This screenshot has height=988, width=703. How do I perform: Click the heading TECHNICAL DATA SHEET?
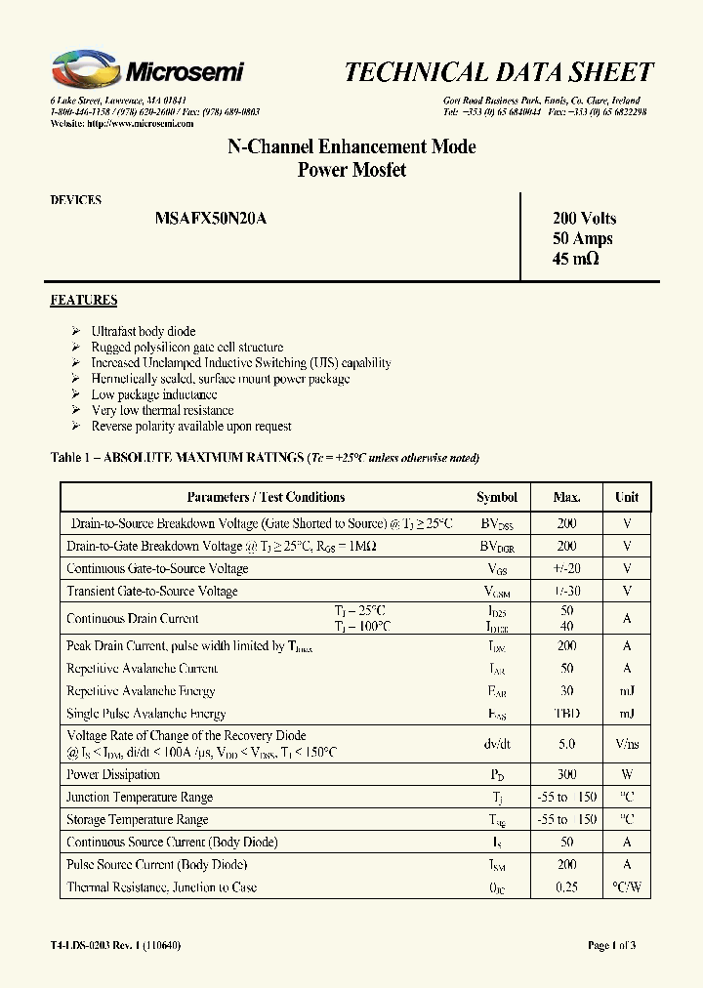499,72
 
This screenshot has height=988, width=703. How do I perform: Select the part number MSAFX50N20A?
210,220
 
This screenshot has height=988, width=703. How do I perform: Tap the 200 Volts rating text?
584,219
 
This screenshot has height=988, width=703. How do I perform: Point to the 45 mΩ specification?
575,260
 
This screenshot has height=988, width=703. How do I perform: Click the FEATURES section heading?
84,301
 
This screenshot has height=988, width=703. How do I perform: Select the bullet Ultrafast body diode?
144,331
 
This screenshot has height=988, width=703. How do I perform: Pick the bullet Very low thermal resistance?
162,411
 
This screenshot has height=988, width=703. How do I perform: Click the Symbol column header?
497,497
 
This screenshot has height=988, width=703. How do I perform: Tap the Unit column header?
627,497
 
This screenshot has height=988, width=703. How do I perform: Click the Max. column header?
566,497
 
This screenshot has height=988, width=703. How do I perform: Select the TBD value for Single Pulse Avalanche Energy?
566,714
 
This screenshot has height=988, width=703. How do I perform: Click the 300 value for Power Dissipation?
566,774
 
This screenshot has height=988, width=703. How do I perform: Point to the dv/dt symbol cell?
497,743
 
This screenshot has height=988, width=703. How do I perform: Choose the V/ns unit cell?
627,743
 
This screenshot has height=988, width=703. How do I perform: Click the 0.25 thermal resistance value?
566,887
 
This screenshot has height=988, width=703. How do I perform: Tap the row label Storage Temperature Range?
137,820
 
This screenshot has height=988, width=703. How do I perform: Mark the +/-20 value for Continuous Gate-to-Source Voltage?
566,568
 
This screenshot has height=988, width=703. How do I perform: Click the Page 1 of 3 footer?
611,945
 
